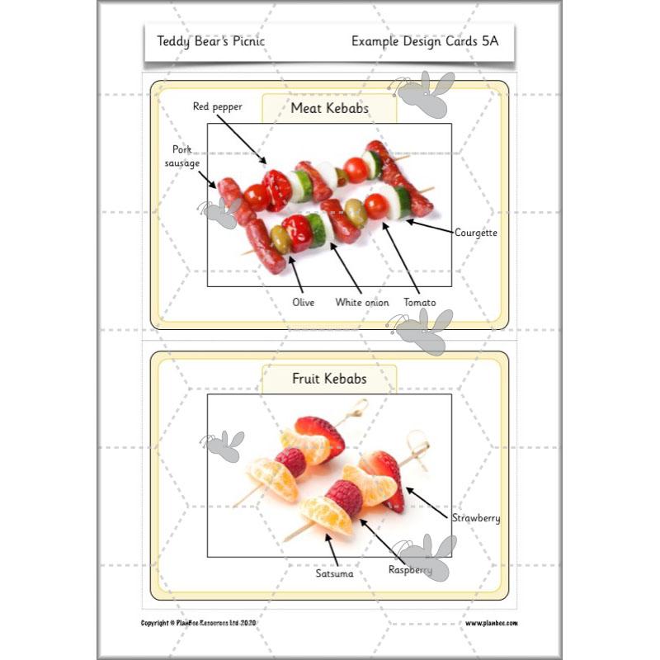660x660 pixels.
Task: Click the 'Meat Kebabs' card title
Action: click(x=329, y=108)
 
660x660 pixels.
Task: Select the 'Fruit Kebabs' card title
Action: click(x=329, y=379)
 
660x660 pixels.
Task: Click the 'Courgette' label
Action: click(x=476, y=233)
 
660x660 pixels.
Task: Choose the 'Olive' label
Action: click(x=304, y=302)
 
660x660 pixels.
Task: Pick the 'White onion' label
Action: click(x=361, y=302)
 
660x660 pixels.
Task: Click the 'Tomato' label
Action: click(x=419, y=302)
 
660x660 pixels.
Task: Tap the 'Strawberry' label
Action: click(x=475, y=518)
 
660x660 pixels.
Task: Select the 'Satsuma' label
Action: click(x=334, y=573)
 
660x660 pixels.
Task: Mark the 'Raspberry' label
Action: click(x=410, y=569)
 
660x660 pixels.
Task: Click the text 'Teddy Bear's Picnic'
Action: click(x=211, y=40)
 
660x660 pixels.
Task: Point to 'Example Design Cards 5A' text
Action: click(x=425, y=40)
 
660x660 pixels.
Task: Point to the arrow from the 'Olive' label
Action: click(x=290, y=273)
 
